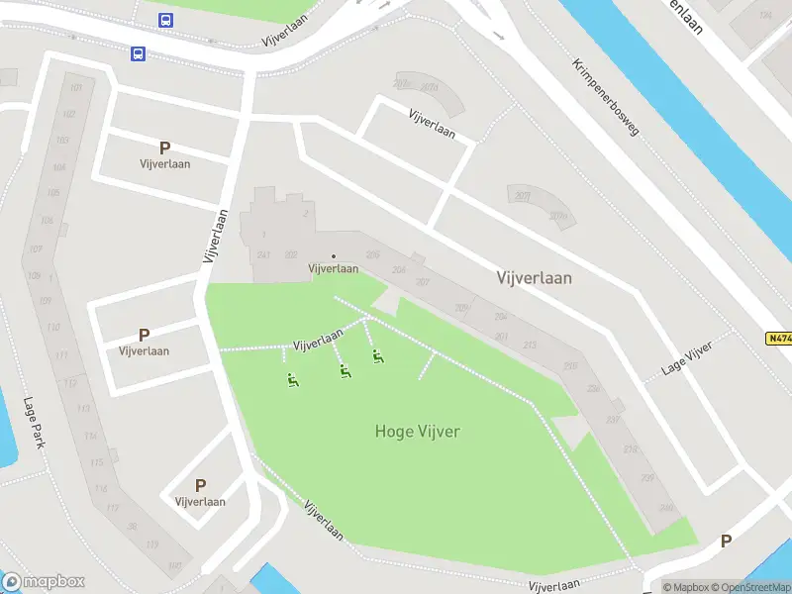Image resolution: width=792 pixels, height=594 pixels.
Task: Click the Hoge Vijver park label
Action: (418, 431)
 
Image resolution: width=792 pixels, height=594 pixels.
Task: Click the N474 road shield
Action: (779, 338)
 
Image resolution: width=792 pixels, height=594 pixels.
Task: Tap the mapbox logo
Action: (43, 581)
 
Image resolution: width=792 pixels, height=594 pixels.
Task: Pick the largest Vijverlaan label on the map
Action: (534, 278)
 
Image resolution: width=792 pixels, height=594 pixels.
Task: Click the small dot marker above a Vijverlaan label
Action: (333, 256)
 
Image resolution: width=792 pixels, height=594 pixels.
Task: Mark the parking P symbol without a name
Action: (726, 542)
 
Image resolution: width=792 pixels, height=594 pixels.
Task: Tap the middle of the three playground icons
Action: (345, 371)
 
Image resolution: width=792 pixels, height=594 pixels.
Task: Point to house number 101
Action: (76, 89)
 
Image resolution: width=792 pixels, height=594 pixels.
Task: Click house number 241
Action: (263, 254)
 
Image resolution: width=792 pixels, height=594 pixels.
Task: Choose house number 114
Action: (91, 436)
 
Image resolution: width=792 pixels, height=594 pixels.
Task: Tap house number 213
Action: (530, 345)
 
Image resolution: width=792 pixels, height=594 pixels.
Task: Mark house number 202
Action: (290, 254)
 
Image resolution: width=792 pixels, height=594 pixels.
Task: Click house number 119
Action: (151, 545)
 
